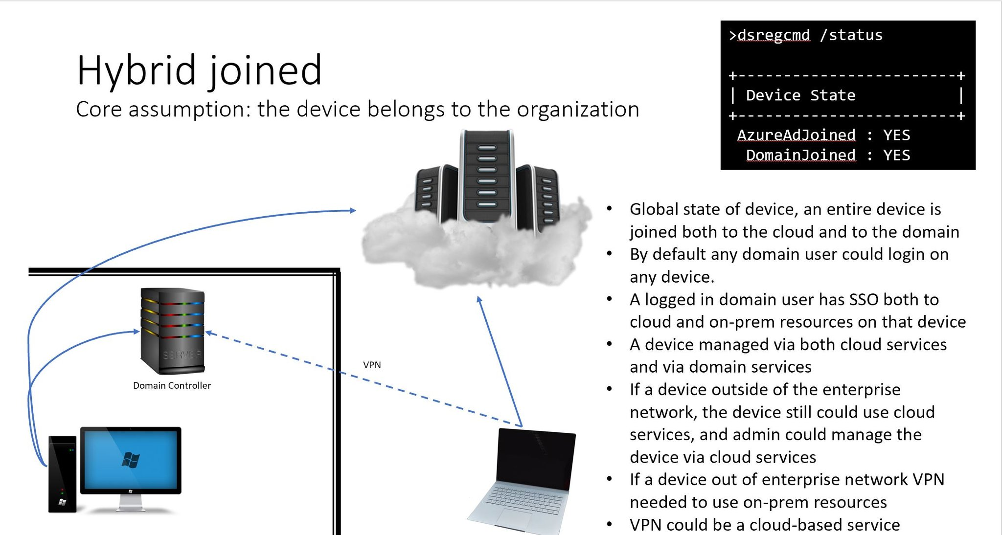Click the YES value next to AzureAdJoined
897,135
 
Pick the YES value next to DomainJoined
897,155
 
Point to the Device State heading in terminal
800,95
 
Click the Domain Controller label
172,385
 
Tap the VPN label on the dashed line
372,365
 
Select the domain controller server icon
172,331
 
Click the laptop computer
522,481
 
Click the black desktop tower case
62,474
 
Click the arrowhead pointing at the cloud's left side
353,210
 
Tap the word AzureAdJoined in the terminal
796,135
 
